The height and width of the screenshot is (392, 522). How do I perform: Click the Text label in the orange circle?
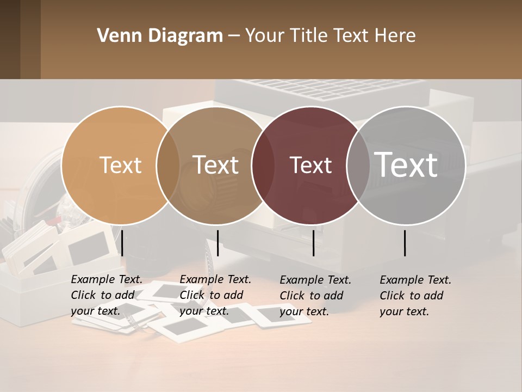[x=120, y=165]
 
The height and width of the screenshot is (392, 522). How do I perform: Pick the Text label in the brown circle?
[x=216, y=165]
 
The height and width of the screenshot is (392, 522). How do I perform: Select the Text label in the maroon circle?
[x=311, y=165]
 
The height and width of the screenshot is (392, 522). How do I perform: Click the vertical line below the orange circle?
[x=122, y=243]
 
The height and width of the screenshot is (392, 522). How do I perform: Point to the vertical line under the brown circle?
[x=217, y=243]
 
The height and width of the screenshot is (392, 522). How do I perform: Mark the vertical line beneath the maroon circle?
[x=314, y=243]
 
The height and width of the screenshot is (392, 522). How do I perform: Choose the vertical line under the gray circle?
[x=405, y=243]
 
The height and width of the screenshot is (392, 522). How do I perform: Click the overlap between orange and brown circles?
[x=168, y=165]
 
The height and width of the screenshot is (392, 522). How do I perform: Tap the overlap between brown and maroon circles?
[x=262, y=165]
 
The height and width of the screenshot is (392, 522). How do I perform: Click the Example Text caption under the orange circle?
[x=107, y=279]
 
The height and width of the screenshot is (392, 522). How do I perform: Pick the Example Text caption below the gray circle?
[x=415, y=280]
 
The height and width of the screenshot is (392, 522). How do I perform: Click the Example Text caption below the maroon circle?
[x=315, y=280]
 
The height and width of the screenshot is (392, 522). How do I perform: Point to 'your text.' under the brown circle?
[x=204, y=311]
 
